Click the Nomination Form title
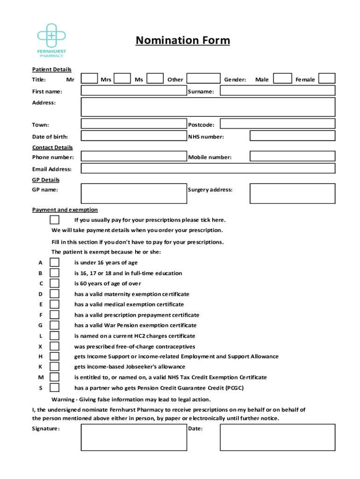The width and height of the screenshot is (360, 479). pos(183,41)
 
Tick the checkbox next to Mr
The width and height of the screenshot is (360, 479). pos(89,79)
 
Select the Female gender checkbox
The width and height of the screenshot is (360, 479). pos(327,79)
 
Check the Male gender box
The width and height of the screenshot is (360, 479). pos(282,79)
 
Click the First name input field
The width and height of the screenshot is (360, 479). pos(133,91)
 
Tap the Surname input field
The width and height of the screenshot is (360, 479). pos(277,91)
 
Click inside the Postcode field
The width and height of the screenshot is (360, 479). pos(277,124)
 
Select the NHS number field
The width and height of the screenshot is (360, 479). pos(292,136)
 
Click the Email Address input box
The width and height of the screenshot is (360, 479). pos(208,169)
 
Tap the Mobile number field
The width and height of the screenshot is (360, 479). pos(292,157)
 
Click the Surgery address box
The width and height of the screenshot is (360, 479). pos(292,194)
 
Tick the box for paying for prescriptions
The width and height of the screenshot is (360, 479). pos(55,220)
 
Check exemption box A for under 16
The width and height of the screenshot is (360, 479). pos(55,262)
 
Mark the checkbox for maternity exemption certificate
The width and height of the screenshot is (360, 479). pos(55,294)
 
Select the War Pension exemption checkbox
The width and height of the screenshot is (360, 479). pos(55,325)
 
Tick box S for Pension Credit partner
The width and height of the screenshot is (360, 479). pos(55,388)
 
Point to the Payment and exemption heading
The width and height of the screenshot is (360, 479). pos(65,210)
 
